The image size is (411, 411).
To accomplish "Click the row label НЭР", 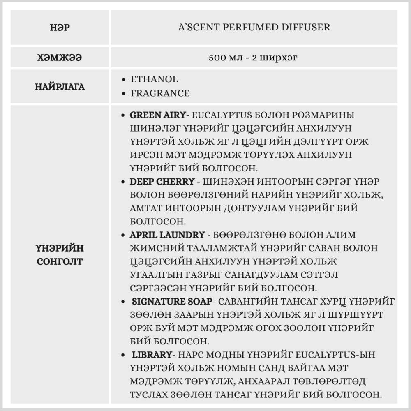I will pyautogui.click(x=60, y=28).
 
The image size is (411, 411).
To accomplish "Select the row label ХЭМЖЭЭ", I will pyautogui.click(x=60, y=58).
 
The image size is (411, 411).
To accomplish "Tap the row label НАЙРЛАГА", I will pyautogui.click(x=60, y=87).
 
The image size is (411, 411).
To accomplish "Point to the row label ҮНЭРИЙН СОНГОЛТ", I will pyautogui.click(x=60, y=254).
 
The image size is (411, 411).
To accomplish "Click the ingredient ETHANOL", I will pyautogui.click(x=154, y=79).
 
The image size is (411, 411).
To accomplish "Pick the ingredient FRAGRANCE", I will pyautogui.click(x=160, y=93).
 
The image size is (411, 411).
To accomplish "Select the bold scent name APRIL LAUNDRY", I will pyautogui.click(x=167, y=235).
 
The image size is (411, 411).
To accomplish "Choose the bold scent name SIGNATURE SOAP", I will pyautogui.click(x=172, y=302).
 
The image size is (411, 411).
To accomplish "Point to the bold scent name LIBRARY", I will pyautogui.click(x=151, y=355).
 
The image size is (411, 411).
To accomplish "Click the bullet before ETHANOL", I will pyautogui.click(x=124, y=79).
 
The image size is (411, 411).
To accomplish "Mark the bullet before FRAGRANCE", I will pyautogui.click(x=124, y=94).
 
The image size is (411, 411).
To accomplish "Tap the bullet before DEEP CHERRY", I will pyautogui.click(x=124, y=182).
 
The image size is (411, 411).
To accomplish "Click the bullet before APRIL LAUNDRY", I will pyautogui.click(x=124, y=235).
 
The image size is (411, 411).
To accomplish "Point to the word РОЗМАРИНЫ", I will pyautogui.click(x=325, y=115).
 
